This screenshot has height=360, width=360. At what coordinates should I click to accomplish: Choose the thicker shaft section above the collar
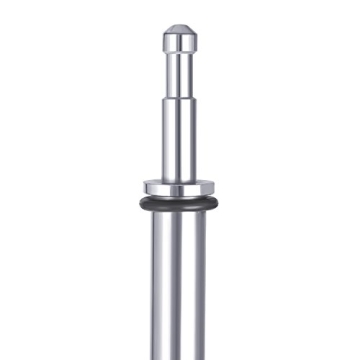pyautogui.click(x=180, y=140)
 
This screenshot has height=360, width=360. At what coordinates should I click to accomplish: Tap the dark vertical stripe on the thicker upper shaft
pyautogui.click(x=189, y=140)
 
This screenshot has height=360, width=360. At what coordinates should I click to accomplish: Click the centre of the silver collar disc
pyautogui.click(x=180, y=188)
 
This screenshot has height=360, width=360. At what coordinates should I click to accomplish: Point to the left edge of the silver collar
pyautogui.click(x=145, y=188)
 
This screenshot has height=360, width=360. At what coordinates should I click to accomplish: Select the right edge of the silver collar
pyautogui.click(x=215, y=188)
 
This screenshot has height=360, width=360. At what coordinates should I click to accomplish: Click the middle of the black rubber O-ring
pyautogui.click(x=180, y=207)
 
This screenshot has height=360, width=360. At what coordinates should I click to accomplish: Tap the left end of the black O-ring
pyautogui.click(x=141, y=203)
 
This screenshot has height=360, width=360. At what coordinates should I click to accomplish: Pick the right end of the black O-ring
pyautogui.click(x=219, y=203)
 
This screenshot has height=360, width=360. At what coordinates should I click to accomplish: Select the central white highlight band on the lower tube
pyautogui.click(x=178, y=290)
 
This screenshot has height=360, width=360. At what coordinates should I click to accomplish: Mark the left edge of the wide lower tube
pyautogui.click(x=153, y=290)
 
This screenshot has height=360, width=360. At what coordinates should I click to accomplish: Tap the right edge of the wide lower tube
pyautogui.click(x=207, y=290)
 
